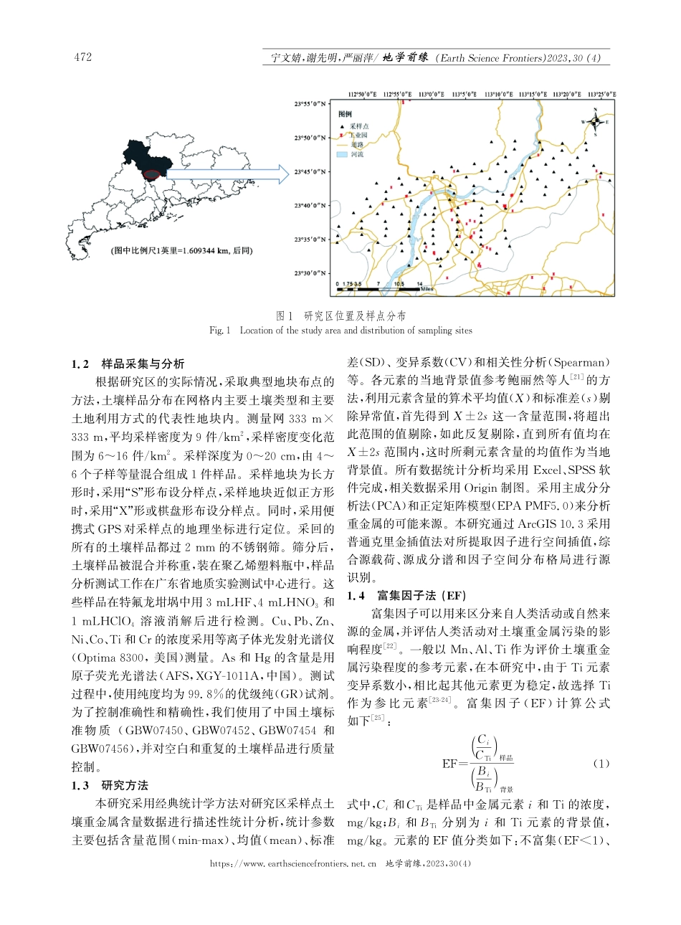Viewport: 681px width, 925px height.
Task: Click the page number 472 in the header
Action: click(x=82, y=57)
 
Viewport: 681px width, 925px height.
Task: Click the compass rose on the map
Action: click(x=596, y=123)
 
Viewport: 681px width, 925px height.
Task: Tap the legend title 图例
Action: click(x=345, y=113)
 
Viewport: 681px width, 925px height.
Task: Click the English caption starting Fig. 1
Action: click(x=340, y=331)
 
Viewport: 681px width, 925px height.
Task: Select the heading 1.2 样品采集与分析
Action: click(x=128, y=364)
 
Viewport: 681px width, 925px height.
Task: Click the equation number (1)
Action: click(x=601, y=764)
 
